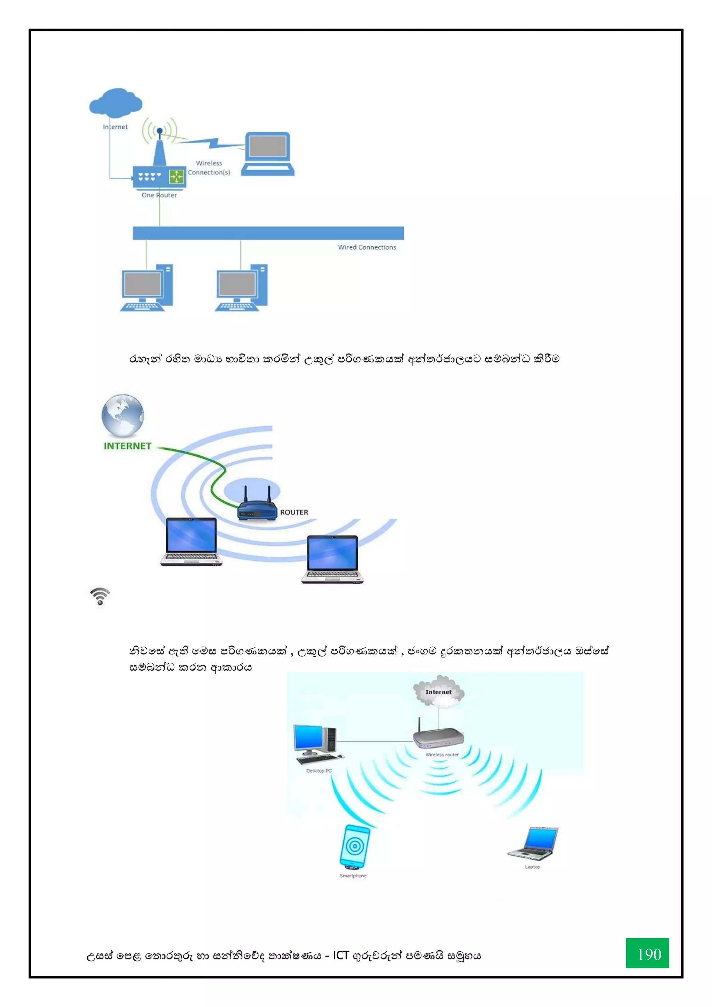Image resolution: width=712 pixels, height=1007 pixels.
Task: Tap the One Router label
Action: (159, 195)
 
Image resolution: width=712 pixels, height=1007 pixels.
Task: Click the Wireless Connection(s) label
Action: (209, 168)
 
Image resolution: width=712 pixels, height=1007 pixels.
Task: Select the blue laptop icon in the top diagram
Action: (267, 153)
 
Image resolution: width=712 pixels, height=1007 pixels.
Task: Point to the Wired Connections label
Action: (367, 247)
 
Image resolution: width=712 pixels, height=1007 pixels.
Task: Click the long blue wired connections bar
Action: (268, 233)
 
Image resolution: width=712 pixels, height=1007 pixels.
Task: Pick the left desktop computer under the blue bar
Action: (146, 288)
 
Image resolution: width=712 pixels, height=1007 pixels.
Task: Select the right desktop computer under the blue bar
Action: (241, 288)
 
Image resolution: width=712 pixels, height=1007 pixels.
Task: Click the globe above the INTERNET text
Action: (123, 415)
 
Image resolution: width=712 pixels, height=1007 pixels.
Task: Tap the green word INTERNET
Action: (127, 446)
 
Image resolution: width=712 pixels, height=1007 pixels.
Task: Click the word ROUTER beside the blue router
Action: (294, 512)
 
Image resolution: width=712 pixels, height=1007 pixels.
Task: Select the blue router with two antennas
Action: (257, 509)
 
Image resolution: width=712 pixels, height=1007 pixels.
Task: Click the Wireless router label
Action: (442, 755)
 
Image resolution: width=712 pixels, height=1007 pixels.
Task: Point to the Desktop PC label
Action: (319, 770)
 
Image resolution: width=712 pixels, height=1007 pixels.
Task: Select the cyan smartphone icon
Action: (354, 847)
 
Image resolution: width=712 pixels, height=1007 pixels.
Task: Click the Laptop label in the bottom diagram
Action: (532, 867)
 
